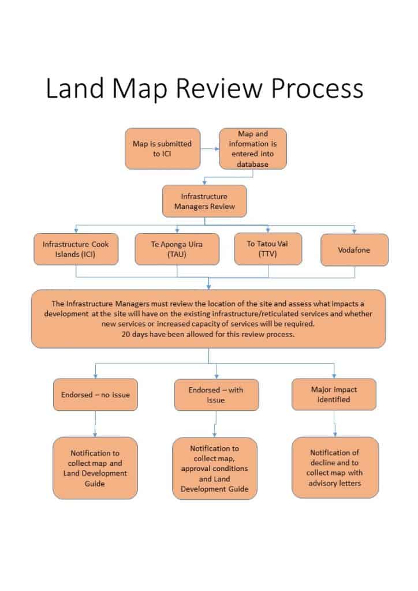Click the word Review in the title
coord(220,88)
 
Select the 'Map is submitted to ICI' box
coord(162,148)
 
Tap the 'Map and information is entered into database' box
coord(252,148)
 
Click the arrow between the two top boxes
coord(210,149)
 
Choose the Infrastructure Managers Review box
coord(204,201)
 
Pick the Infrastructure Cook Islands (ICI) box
coord(76,249)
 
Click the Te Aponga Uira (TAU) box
coord(177,249)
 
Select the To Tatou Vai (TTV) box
coord(268,249)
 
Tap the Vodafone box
coord(354,250)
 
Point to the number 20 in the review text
coord(125,334)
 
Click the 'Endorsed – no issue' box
coord(95,395)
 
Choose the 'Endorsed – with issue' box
coord(217,395)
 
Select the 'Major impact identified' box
coord(334,394)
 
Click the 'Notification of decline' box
coord(335,467)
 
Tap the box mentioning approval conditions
coord(214,469)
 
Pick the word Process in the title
coord(318,88)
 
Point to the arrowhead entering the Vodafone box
coord(354,231)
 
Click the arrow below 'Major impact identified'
coord(335,424)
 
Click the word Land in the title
coord(74,88)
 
